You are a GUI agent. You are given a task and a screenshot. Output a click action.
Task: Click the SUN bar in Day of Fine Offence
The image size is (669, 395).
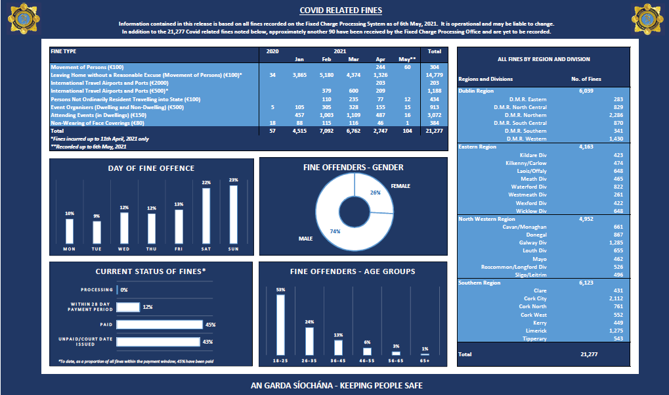pyautogui.click(x=233, y=214)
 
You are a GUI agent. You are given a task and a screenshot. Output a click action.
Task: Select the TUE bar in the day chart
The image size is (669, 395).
pyautogui.click(x=97, y=232)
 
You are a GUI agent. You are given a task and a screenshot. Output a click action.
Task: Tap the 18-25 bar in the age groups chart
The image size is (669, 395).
pyautogui.click(x=281, y=324)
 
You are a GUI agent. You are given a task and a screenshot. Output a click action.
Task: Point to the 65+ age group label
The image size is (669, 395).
pyautogui.click(x=425, y=361)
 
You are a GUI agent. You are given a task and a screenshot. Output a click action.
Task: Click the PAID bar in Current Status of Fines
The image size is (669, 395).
pyautogui.click(x=160, y=324)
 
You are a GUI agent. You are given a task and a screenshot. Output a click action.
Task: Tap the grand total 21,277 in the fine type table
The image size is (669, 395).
pyautogui.click(x=434, y=131)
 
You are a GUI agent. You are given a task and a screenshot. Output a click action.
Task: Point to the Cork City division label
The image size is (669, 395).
pyautogui.click(x=532, y=298)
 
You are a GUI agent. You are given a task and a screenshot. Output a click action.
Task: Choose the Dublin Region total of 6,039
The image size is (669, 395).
pyautogui.click(x=586, y=91)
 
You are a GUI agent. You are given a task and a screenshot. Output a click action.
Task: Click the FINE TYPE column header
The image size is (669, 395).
pyautogui.click(x=63, y=51)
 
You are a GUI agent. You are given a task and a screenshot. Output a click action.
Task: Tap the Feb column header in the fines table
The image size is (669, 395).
pyautogui.click(x=327, y=59)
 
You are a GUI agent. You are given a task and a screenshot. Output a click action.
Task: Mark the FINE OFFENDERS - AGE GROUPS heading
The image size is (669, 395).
pyautogui.click(x=353, y=271)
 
